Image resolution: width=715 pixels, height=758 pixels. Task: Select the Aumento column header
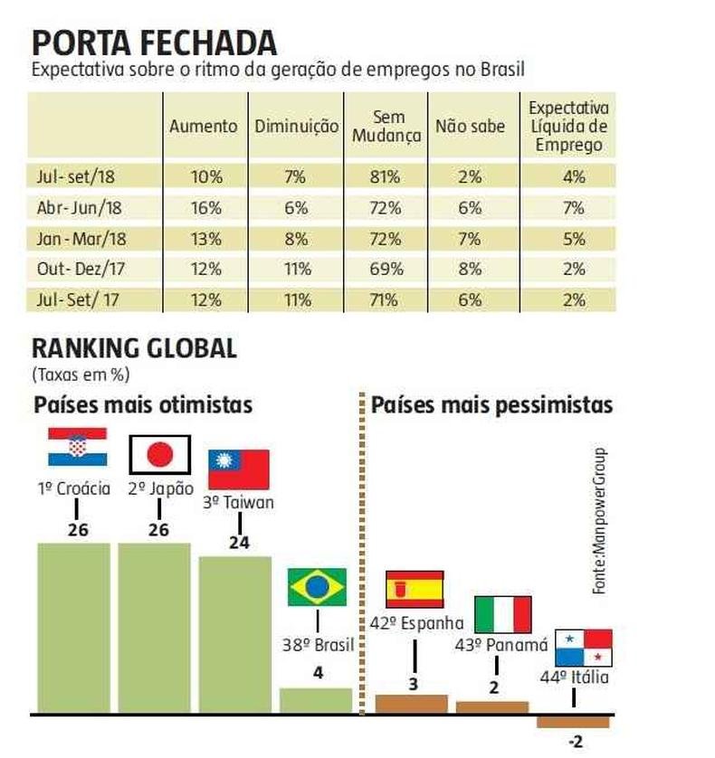pyautogui.click(x=203, y=127)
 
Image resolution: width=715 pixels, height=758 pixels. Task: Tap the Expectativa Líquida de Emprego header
pyautogui.click(x=568, y=126)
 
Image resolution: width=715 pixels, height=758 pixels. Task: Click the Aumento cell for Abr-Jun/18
pyautogui.click(x=205, y=208)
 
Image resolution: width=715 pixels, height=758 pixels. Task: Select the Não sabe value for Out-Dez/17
pyautogui.click(x=470, y=269)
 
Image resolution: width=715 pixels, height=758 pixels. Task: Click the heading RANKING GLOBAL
pyautogui.click(x=134, y=348)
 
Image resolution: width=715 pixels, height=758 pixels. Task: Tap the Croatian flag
pyautogui.click(x=77, y=446)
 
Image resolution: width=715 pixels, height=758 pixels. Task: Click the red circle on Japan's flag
pyautogui.click(x=159, y=455)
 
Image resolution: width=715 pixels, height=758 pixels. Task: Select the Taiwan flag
pyautogui.click(x=239, y=469)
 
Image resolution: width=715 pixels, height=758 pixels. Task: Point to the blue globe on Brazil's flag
pyautogui.click(x=317, y=588)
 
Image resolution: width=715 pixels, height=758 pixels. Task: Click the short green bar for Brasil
pyautogui.click(x=315, y=701)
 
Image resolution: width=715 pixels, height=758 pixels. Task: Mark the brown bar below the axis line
pyautogui.click(x=573, y=722)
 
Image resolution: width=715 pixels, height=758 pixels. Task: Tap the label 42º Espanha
pyautogui.click(x=416, y=623)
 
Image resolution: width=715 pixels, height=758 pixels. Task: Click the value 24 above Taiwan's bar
pyautogui.click(x=239, y=545)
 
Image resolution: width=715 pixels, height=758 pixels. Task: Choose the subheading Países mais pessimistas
pyautogui.click(x=491, y=404)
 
